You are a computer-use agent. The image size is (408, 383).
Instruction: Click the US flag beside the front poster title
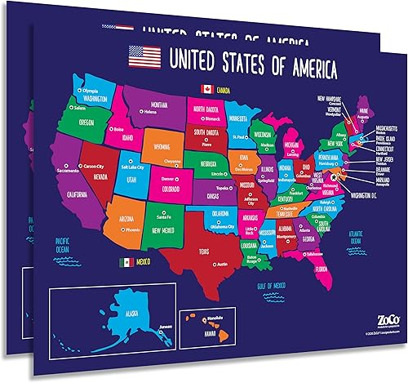click(145, 57)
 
